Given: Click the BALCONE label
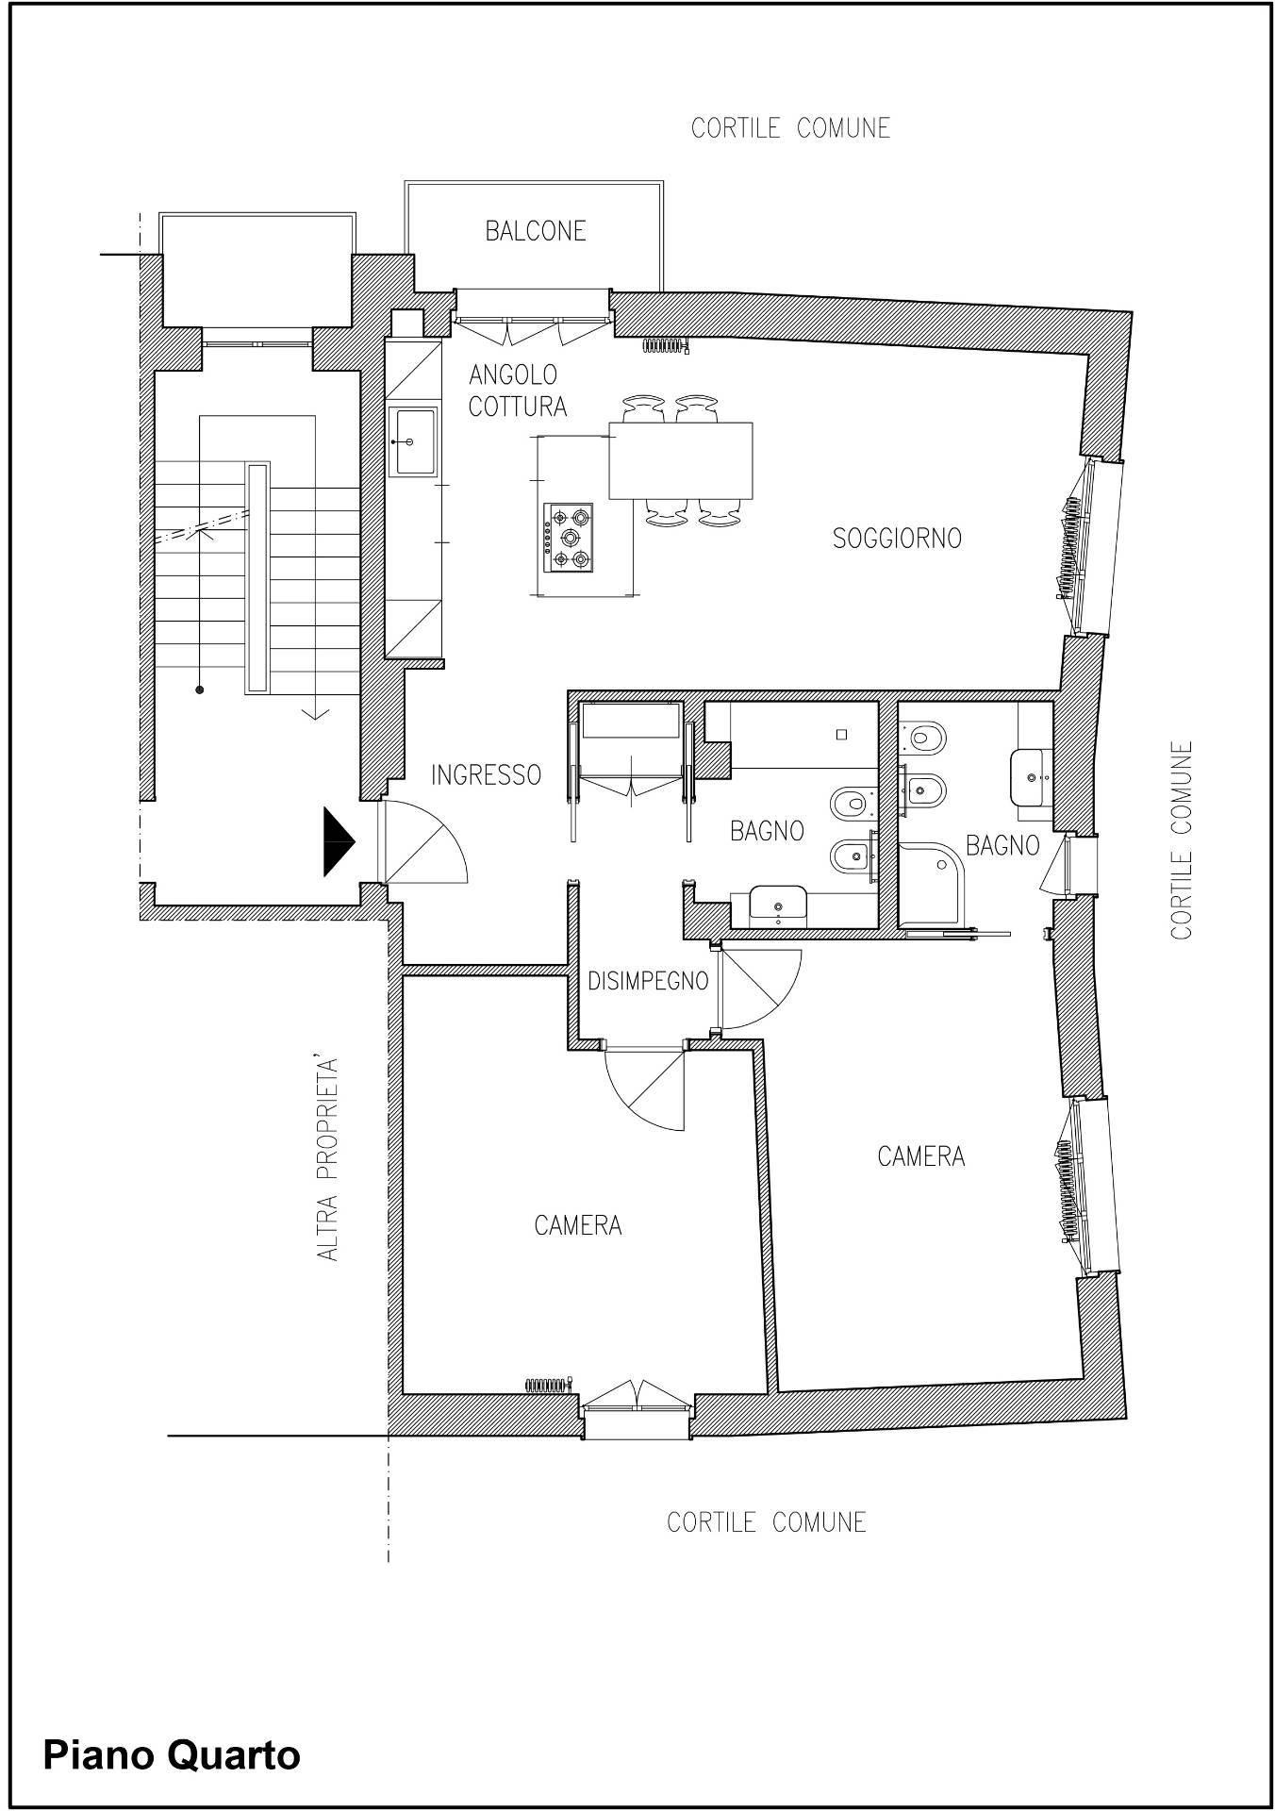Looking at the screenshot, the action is (536, 230).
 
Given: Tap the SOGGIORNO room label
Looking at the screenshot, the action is (897, 538).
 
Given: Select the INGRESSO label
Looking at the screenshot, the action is (486, 774).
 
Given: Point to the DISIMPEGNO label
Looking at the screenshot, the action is (648, 981).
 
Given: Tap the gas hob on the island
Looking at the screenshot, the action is (569, 538).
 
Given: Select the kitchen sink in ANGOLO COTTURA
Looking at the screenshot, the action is (416, 440).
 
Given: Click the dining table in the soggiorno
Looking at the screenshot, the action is (681, 460).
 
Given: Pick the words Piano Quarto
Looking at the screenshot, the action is (172, 1755).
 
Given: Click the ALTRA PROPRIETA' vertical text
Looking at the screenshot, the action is (327, 1160).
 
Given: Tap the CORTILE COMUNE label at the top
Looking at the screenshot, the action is (790, 127).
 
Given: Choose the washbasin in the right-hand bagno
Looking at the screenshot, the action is (1032, 778).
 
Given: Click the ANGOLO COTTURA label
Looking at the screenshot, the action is (518, 390).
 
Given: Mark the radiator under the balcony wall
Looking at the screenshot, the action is (666, 345).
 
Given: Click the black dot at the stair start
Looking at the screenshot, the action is (199, 690).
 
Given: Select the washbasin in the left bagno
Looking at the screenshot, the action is (777, 903).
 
